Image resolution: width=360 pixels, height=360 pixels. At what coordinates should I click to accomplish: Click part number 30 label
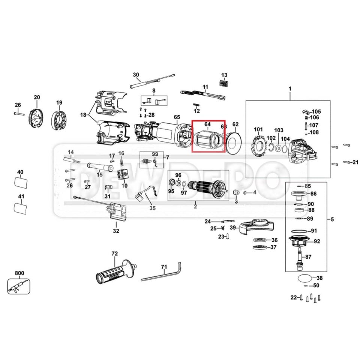(136, 74)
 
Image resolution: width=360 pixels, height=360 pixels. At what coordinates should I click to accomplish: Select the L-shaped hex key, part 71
(161, 276)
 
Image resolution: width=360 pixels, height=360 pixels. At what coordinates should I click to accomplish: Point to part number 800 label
(19, 273)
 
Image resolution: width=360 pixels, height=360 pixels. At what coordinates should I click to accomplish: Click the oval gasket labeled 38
(304, 279)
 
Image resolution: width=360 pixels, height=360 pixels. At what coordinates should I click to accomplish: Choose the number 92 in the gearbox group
(317, 241)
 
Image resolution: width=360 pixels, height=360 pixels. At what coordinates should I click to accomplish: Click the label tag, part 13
(223, 83)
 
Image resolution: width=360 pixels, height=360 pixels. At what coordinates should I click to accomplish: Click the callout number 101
(258, 130)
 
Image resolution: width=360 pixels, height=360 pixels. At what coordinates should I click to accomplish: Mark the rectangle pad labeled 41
(21, 207)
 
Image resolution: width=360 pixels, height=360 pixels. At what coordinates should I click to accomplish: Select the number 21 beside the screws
(355, 162)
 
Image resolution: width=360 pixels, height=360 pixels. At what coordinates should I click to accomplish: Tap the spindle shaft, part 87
(300, 259)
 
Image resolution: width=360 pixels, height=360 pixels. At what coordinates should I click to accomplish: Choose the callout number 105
(316, 112)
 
